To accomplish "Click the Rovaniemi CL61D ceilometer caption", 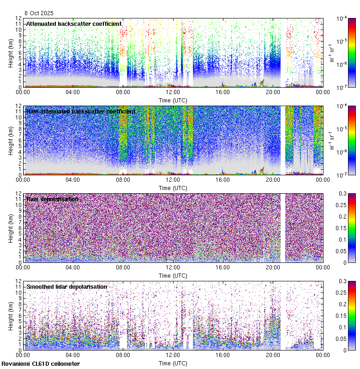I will tap(40, 364).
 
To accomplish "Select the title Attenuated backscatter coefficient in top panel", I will tap(74, 24).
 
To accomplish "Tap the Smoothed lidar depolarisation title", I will tap(66, 286).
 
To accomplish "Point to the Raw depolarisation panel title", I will tap(52, 199).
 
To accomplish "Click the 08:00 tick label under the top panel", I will tap(123, 92).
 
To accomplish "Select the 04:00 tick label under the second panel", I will tap(73, 179).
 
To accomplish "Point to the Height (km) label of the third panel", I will tap(11, 228).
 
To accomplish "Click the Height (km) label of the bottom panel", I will tap(11, 315).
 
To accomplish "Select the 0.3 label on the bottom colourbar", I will tap(342, 281).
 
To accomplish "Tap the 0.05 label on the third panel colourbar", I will tap(344, 251).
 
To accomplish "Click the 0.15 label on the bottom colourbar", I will tap(344, 315).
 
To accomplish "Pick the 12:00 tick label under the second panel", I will tap(173, 179).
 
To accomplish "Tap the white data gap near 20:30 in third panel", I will tap(282, 228).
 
